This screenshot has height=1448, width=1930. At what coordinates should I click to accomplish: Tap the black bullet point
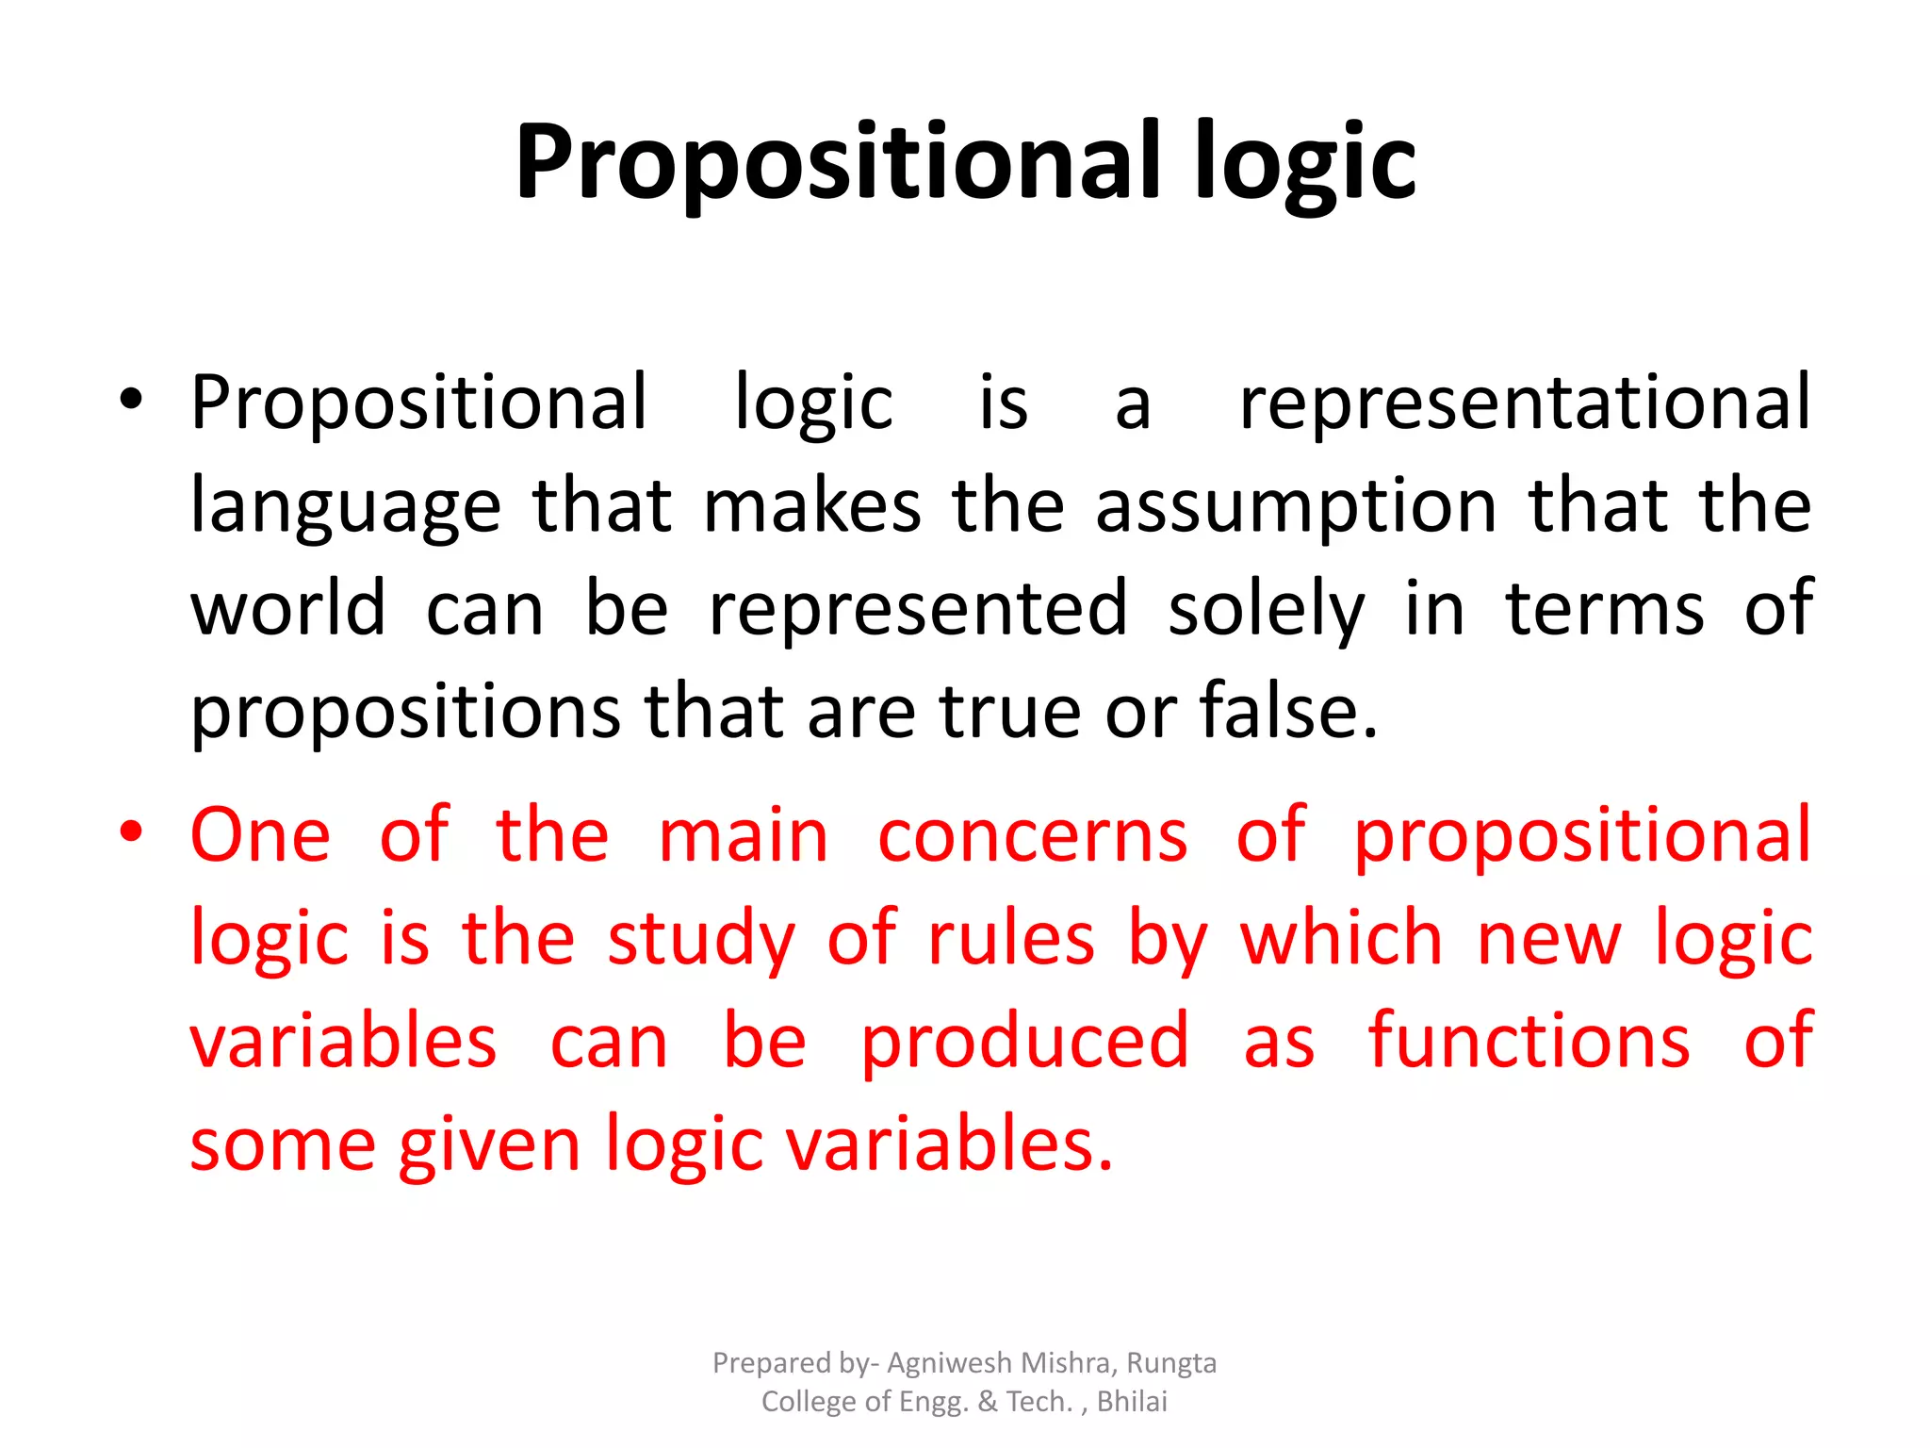pyautogui.click(x=131, y=402)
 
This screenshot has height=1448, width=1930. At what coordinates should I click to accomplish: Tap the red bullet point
pyautogui.click(x=131, y=833)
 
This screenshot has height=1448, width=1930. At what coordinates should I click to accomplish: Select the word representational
pyautogui.click(x=1524, y=403)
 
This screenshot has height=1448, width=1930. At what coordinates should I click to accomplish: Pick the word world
pyautogui.click(x=288, y=609)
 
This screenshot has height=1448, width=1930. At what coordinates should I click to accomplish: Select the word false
pyautogui.click(x=1288, y=711)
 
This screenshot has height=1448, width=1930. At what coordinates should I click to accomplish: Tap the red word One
pyautogui.click(x=261, y=835)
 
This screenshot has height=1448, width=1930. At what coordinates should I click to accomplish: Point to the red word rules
pyautogui.click(x=1010, y=939)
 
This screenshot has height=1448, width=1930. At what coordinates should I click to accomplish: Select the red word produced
pyautogui.click(x=1024, y=1043)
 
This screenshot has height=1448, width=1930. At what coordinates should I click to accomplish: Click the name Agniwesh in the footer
pyautogui.click(x=949, y=1363)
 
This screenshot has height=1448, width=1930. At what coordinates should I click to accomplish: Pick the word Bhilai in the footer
pyautogui.click(x=1132, y=1402)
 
